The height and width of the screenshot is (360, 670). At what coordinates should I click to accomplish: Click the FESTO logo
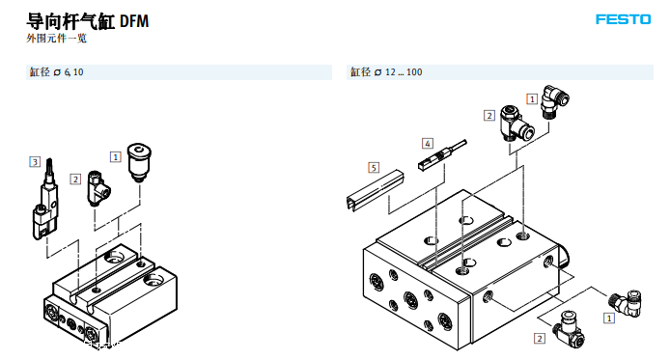pyautogui.click(x=623, y=19)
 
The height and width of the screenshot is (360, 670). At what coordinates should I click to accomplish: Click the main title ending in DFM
pyautogui.click(x=88, y=21)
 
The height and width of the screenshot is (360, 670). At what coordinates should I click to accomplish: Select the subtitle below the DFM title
pyautogui.click(x=56, y=39)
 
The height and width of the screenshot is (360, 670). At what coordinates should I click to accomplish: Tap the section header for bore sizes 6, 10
pyautogui.click(x=56, y=72)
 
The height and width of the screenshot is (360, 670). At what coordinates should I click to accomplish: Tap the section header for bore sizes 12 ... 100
pyautogui.click(x=386, y=72)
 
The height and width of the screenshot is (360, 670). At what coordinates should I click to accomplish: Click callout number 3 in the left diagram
pyautogui.click(x=35, y=162)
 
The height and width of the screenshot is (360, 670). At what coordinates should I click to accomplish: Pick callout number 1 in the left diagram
pyautogui.click(x=116, y=156)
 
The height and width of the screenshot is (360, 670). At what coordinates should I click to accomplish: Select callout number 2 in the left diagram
pyautogui.click(x=75, y=179)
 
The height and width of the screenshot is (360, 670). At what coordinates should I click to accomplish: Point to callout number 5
pyautogui.click(x=374, y=167)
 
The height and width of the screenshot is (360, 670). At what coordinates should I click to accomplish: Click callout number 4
pyautogui.click(x=428, y=143)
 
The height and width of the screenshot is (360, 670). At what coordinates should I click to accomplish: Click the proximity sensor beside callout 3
pyautogui.click(x=45, y=199)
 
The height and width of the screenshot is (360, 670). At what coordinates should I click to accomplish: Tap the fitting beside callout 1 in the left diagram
pyautogui.click(x=139, y=162)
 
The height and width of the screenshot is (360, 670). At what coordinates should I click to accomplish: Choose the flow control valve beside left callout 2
pyautogui.click(x=98, y=188)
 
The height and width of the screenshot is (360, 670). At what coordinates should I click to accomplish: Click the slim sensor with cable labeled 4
pyautogui.click(x=441, y=156)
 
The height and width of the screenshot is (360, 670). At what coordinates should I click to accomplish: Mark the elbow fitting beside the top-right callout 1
pyautogui.click(x=554, y=101)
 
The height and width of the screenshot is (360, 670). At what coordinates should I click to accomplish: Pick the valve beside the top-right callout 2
pyautogui.click(x=516, y=124)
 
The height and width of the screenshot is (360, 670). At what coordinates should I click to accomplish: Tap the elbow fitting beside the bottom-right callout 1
pyautogui.click(x=625, y=304)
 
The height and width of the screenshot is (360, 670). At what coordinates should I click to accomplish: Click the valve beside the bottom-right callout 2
pyautogui.click(x=568, y=329)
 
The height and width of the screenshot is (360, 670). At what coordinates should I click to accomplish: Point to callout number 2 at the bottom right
pyautogui.click(x=540, y=339)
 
